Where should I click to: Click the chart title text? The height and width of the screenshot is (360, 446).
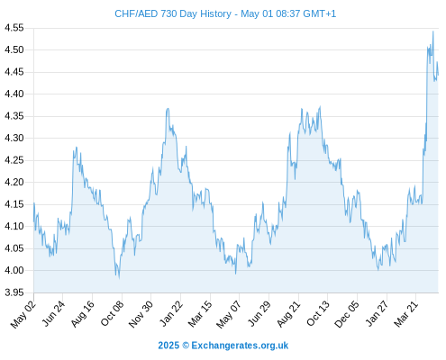[x=225, y=13]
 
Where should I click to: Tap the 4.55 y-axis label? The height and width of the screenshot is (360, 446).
[x=14, y=28]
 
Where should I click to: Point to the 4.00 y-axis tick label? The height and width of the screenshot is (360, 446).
[x=14, y=271]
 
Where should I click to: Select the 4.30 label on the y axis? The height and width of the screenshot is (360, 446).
[x=14, y=139]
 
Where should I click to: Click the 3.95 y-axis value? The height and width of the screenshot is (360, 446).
[x=14, y=292]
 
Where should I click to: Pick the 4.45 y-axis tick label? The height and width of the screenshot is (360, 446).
[x=14, y=72]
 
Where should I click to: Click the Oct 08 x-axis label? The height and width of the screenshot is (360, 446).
[x=112, y=313]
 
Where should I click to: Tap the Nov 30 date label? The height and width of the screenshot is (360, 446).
[x=141, y=314]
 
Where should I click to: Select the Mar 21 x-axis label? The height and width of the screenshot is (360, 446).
[x=405, y=314]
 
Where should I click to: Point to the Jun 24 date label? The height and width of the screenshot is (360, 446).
[x=53, y=313]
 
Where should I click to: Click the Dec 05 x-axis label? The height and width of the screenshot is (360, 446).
[x=347, y=314]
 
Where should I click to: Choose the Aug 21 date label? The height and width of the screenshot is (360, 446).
[x=288, y=314]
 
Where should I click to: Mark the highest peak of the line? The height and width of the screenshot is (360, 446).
[x=433, y=31]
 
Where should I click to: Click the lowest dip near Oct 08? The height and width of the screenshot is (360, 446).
[x=119, y=278]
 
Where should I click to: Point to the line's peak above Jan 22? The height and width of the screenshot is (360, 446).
[x=168, y=108]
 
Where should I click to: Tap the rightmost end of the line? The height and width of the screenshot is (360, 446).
[x=438, y=75]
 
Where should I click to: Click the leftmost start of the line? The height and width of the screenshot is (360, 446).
[x=34, y=221]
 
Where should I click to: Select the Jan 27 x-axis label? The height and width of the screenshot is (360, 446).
[x=377, y=313]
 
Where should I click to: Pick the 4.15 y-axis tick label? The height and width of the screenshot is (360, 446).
[x=14, y=204]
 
